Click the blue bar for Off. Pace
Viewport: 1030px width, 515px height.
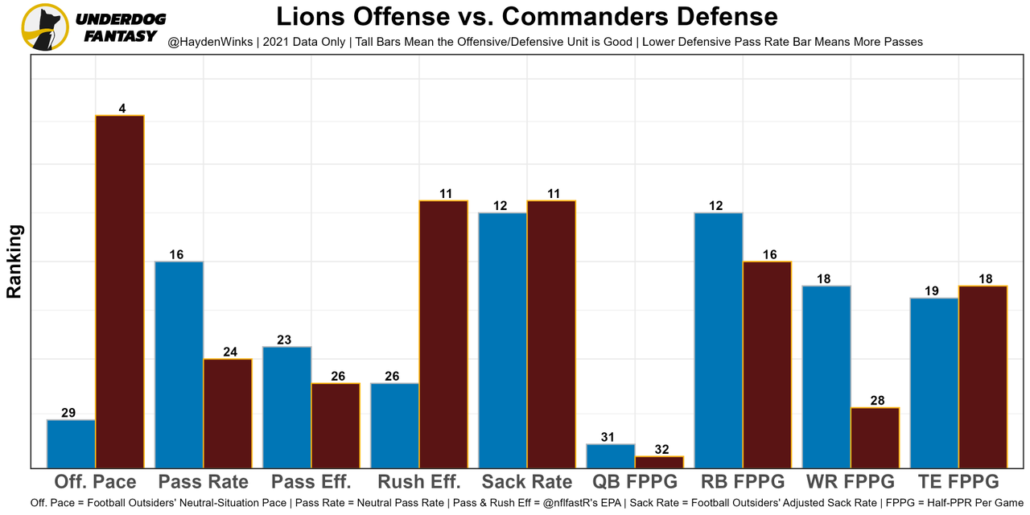tap(71, 443)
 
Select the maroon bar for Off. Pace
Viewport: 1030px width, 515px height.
tap(120, 291)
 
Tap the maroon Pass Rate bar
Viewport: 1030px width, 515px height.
tap(228, 413)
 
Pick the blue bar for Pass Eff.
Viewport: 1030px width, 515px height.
tap(287, 407)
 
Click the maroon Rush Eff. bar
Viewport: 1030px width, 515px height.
tap(443, 334)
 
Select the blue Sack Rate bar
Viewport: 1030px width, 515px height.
tap(503, 340)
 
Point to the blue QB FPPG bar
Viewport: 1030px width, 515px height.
tap(611, 455)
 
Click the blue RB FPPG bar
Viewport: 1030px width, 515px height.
tap(719, 340)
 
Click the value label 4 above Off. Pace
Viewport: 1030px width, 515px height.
tap(122, 109)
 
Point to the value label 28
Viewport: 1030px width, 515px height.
tap(876, 401)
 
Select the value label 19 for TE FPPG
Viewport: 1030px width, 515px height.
tap(932, 291)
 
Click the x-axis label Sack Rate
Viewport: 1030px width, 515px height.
tap(527, 482)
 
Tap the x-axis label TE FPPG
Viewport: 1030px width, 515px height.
tap(958, 482)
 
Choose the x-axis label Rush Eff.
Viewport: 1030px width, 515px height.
tap(418, 482)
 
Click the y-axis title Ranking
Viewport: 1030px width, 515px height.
tap(14, 262)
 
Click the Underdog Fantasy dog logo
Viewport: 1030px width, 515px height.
tap(45, 27)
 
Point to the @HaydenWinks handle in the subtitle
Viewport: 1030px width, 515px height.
tap(211, 41)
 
